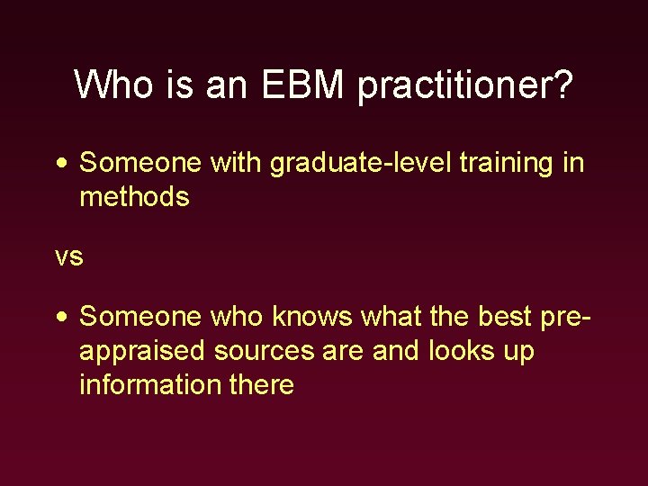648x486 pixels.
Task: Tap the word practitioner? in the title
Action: [464, 86]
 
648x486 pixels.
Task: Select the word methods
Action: [134, 196]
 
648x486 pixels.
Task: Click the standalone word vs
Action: [69, 256]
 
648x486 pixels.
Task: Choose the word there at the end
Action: [262, 384]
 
